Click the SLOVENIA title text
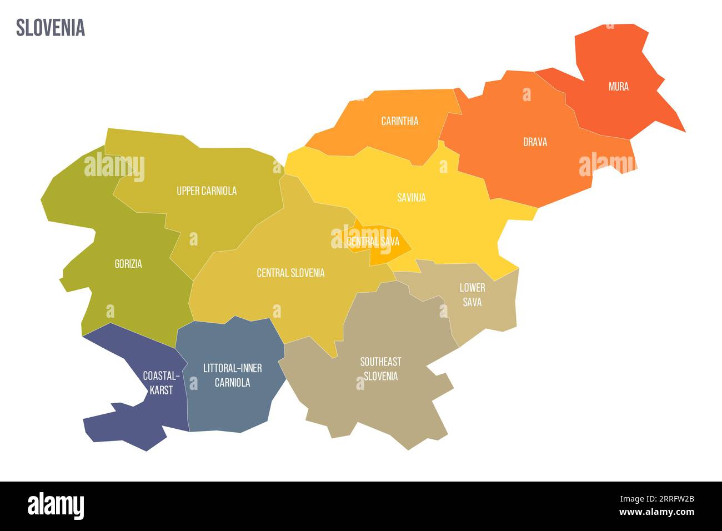click(x=51, y=27)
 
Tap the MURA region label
click(x=618, y=87)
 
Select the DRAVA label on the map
click(x=535, y=142)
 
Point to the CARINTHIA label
click(x=399, y=121)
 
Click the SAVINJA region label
click(x=411, y=197)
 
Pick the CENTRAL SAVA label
click(x=373, y=242)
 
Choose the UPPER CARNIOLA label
click(x=207, y=191)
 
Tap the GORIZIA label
click(x=128, y=264)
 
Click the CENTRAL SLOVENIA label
click(x=290, y=273)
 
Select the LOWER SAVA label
click(x=472, y=295)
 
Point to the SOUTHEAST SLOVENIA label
click(x=380, y=369)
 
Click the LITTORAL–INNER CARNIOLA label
click(x=232, y=375)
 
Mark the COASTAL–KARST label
click(x=161, y=383)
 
